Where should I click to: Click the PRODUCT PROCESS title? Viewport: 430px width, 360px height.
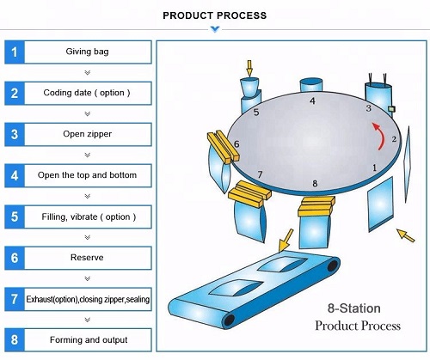(214, 15)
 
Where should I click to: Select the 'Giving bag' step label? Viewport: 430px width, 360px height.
(87, 52)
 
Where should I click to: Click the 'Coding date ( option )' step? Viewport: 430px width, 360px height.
(87, 93)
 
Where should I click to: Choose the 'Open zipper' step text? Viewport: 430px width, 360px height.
(87, 134)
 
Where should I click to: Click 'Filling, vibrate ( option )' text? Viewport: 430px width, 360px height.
(87, 217)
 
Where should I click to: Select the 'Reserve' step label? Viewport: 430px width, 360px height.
(87, 257)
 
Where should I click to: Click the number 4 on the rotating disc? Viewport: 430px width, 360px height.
(312, 101)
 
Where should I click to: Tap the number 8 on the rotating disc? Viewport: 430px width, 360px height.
(315, 183)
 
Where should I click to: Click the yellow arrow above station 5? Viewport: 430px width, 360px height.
(250, 66)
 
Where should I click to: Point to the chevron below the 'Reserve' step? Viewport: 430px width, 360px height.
(87, 278)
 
